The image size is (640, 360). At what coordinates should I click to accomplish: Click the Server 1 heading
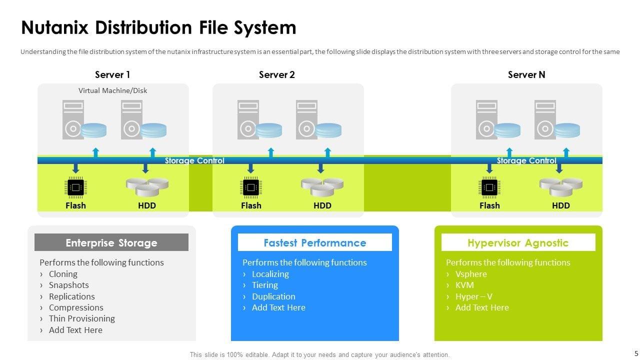(x=112, y=75)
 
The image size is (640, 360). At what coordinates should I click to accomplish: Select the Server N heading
(x=526, y=75)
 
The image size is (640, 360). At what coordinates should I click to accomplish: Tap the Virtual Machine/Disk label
(x=112, y=90)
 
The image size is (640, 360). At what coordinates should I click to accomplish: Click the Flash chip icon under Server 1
(x=75, y=187)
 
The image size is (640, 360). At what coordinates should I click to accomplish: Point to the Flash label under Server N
(x=489, y=205)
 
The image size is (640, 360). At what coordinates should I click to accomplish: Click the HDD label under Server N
(x=561, y=205)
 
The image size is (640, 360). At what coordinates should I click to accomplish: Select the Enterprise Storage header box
(x=111, y=243)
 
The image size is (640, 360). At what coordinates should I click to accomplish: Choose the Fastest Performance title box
(x=315, y=243)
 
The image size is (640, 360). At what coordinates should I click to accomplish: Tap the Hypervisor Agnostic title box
(x=518, y=243)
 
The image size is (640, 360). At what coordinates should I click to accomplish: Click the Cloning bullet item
(x=63, y=274)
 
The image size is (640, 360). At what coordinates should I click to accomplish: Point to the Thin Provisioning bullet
(x=81, y=318)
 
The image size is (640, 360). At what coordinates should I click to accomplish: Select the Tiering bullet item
(x=264, y=285)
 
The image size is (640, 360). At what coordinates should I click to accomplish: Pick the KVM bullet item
(x=464, y=285)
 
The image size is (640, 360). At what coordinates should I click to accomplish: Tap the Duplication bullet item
(x=273, y=296)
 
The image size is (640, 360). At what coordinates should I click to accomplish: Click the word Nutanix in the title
(x=55, y=27)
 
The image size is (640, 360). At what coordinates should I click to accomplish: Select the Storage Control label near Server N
(x=526, y=161)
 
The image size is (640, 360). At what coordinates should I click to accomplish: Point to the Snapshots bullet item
(x=68, y=285)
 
